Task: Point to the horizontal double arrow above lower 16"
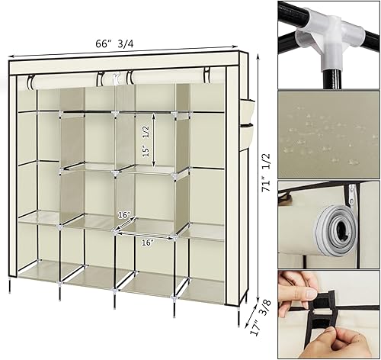tap(145, 233)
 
